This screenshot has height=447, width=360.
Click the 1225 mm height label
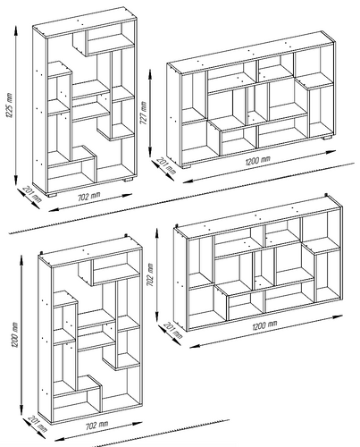coord(9,106)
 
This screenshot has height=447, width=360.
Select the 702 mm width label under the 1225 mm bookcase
coord(89,197)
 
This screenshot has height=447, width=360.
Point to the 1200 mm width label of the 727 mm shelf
coord(258,161)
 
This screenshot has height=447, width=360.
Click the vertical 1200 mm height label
coord(15,335)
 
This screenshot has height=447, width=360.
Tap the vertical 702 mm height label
coord(150,274)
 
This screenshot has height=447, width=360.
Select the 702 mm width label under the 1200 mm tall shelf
coord(97,425)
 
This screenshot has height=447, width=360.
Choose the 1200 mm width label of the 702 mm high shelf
coord(264,325)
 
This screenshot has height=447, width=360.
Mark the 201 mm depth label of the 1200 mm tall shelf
coord(38,424)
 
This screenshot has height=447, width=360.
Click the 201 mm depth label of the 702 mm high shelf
coord(173,331)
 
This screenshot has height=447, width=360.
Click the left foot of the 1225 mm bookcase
coord(52,195)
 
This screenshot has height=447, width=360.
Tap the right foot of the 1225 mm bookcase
coord(128,180)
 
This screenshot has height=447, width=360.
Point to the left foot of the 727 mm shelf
coord(186,167)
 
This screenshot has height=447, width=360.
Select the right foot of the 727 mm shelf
coord(327,138)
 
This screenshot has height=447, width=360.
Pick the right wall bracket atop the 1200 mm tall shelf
coord(127,236)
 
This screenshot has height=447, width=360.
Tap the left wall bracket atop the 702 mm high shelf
coord(177,227)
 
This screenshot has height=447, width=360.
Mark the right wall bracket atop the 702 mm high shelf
coord(326,196)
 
